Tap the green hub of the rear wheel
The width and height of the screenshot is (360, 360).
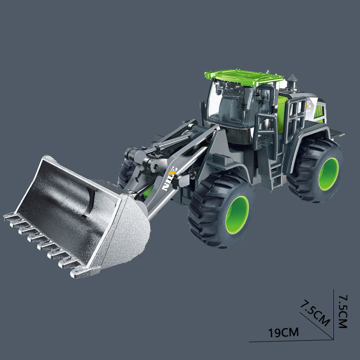(329, 173)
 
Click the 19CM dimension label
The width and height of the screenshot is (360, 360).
(283, 333)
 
